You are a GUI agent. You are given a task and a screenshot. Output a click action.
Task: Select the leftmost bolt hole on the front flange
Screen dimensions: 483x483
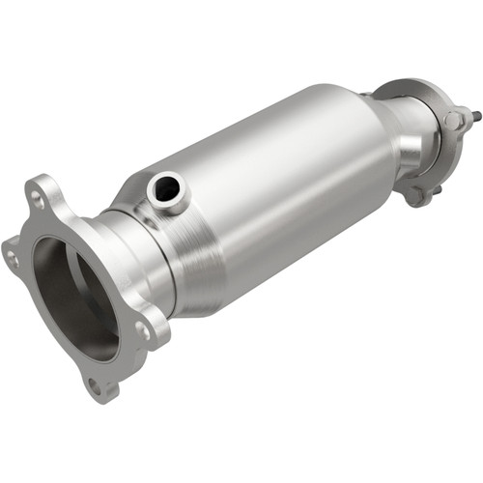[13, 256]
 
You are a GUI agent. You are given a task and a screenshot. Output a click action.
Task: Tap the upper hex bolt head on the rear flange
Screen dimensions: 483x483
[453, 120]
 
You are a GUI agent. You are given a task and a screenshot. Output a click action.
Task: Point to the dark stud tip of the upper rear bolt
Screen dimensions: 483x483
[477, 117]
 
